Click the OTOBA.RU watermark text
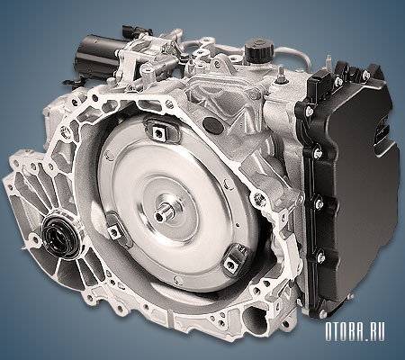point(355,332)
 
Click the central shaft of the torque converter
point(165,211)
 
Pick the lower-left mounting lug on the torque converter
point(116,229)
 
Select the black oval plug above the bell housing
point(213,123)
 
